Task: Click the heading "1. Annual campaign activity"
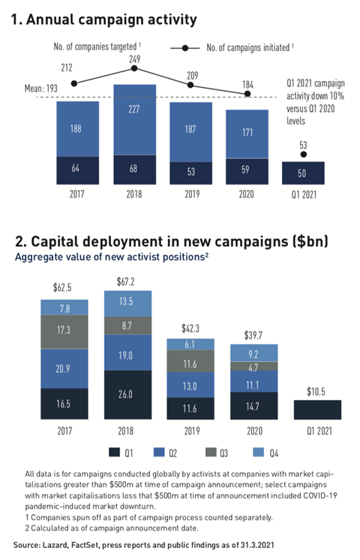click(x=106, y=20)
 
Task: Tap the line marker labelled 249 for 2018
click(x=134, y=68)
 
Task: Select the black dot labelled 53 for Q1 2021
click(x=303, y=154)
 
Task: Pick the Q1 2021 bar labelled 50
click(x=303, y=173)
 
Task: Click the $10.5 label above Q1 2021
click(x=316, y=390)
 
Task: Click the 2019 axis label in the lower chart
click(x=190, y=432)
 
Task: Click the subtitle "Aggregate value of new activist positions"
click(x=111, y=256)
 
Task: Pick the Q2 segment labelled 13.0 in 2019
click(x=190, y=386)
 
